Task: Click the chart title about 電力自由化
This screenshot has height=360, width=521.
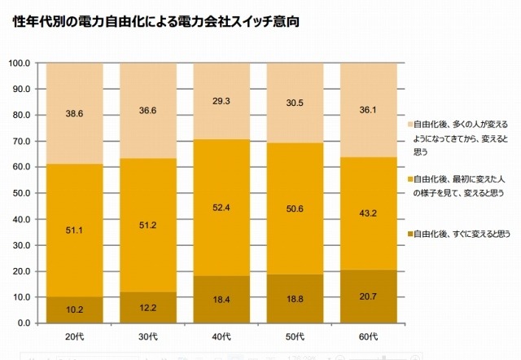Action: (155, 21)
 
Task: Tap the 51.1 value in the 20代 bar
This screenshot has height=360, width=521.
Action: (74, 230)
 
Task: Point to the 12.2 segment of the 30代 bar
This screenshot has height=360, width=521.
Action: (148, 308)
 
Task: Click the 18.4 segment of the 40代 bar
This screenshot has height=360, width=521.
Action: (221, 300)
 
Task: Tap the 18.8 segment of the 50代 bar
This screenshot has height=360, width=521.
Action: (295, 299)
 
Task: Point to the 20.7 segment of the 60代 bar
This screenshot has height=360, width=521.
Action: (368, 296)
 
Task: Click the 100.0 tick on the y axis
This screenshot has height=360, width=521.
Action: (20, 64)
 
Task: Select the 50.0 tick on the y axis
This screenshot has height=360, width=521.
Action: (21, 193)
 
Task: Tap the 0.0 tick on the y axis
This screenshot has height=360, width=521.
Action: (24, 323)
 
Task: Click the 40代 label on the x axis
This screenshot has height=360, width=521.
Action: (221, 337)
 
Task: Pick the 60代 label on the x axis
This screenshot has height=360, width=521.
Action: (368, 337)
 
